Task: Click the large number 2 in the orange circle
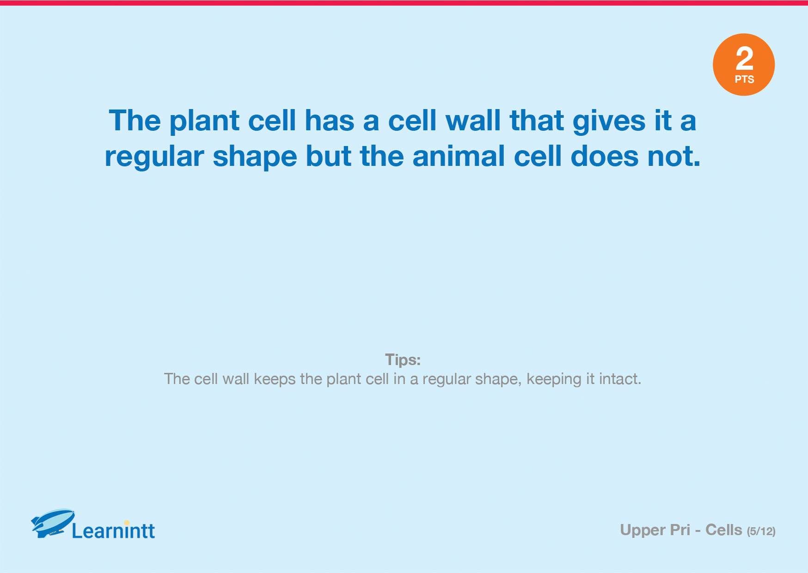[744, 58]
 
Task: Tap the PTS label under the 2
[744, 79]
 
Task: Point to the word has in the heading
[329, 121]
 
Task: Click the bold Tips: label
[403, 360]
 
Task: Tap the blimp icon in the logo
[53, 523]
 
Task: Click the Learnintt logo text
[113, 531]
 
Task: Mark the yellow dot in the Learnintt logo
[127, 523]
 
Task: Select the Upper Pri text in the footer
[655, 530]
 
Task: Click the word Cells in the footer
[724, 530]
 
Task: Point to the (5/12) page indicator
[761, 531]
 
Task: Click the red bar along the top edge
[404, 3]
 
